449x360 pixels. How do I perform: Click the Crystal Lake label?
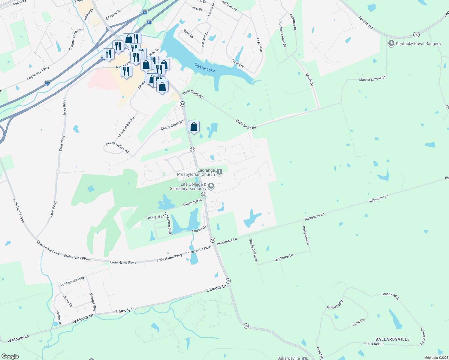(x=204, y=67)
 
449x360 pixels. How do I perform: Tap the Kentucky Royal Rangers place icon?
(x=391, y=43)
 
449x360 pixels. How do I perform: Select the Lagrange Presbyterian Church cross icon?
(x=219, y=172)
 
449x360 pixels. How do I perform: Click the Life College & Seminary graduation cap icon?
(x=211, y=186)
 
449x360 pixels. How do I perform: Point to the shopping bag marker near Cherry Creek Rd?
(x=194, y=127)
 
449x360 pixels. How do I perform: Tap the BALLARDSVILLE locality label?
(x=392, y=339)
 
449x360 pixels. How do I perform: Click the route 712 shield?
(x=416, y=34)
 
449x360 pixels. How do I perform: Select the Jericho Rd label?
(x=365, y=22)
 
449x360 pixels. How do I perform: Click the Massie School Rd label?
(x=372, y=79)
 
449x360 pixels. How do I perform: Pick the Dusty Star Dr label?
(x=306, y=235)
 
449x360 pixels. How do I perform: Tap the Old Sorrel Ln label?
(x=284, y=257)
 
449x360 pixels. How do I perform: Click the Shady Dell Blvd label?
(x=253, y=250)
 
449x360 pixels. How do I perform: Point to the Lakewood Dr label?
(x=193, y=202)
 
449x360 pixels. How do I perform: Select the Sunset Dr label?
(x=199, y=229)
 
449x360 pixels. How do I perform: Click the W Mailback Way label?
(x=73, y=281)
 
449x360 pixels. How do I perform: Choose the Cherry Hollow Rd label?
(x=117, y=147)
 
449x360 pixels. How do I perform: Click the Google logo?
(x=10, y=356)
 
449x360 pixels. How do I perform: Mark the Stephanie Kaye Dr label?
(x=282, y=34)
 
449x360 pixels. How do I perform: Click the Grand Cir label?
(x=358, y=322)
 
